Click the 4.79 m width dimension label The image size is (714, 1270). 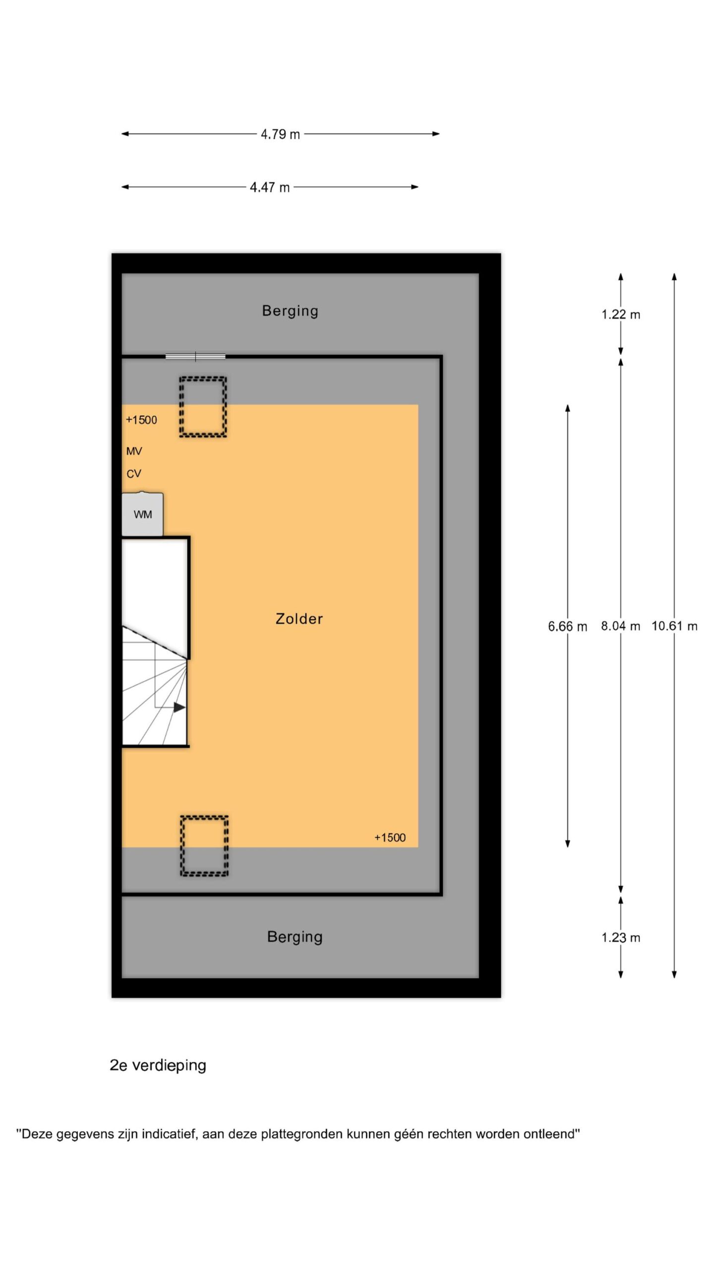pyautogui.click(x=280, y=134)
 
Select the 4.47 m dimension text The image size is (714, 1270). pyautogui.click(x=269, y=188)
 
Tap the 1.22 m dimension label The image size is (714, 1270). pyautogui.click(x=621, y=315)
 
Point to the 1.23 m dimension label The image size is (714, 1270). pyautogui.click(x=621, y=938)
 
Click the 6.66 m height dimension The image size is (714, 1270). pyautogui.click(x=567, y=627)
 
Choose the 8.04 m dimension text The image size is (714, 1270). pyautogui.click(x=621, y=626)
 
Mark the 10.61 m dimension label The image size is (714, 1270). pyautogui.click(x=674, y=626)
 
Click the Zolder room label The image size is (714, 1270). pyautogui.click(x=299, y=619)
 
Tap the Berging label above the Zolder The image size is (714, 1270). pyautogui.click(x=290, y=311)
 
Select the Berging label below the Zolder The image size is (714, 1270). pyautogui.click(x=295, y=937)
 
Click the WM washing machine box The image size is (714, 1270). pyautogui.click(x=142, y=514)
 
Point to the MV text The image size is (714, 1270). pyautogui.click(x=134, y=451)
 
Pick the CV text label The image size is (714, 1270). pyautogui.click(x=134, y=474)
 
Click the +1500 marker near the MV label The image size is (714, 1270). pyautogui.click(x=141, y=420)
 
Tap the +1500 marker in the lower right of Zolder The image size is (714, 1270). pyautogui.click(x=390, y=838)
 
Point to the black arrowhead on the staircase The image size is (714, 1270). pyautogui.click(x=179, y=707)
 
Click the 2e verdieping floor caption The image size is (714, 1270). pyautogui.click(x=158, y=1066)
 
